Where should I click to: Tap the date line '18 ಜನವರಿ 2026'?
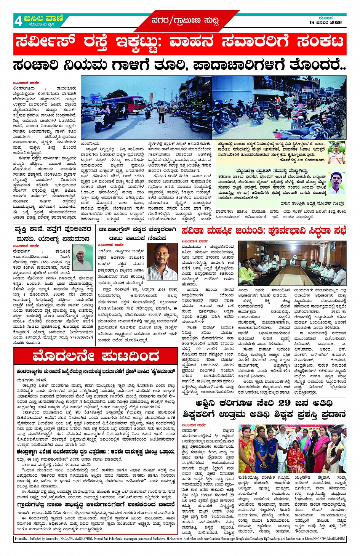pos(325,22)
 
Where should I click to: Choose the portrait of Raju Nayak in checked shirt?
pos(162,262)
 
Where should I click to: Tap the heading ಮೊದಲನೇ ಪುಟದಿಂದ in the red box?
pos(96,357)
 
